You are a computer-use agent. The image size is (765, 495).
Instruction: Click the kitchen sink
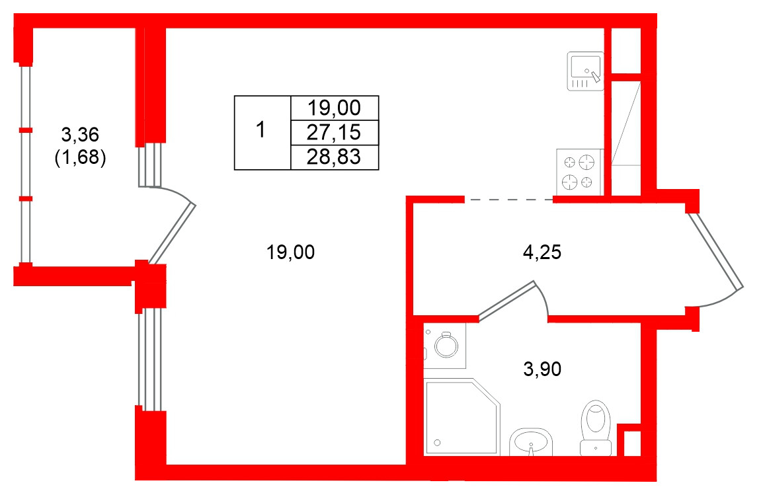point(585,71)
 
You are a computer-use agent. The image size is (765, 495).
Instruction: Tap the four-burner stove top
point(580,172)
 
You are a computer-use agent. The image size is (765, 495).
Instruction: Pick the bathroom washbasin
point(531,442)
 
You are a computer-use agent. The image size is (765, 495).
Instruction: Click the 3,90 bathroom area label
point(542,369)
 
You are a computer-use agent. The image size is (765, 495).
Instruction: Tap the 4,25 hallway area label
point(542,252)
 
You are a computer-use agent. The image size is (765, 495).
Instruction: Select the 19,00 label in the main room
point(290,252)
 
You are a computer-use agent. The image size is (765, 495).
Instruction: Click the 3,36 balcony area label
point(80,133)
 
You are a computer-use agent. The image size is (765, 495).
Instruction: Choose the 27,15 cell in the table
point(335,132)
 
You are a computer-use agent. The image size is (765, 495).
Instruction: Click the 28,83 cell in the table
point(335,157)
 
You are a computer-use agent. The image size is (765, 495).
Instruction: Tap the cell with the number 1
point(262,132)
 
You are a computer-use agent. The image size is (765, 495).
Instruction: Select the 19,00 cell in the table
point(335,108)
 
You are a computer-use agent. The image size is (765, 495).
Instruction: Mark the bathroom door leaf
point(507,301)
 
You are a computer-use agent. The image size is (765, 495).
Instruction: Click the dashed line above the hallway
point(509,200)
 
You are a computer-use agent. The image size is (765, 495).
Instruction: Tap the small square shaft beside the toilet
point(632,443)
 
